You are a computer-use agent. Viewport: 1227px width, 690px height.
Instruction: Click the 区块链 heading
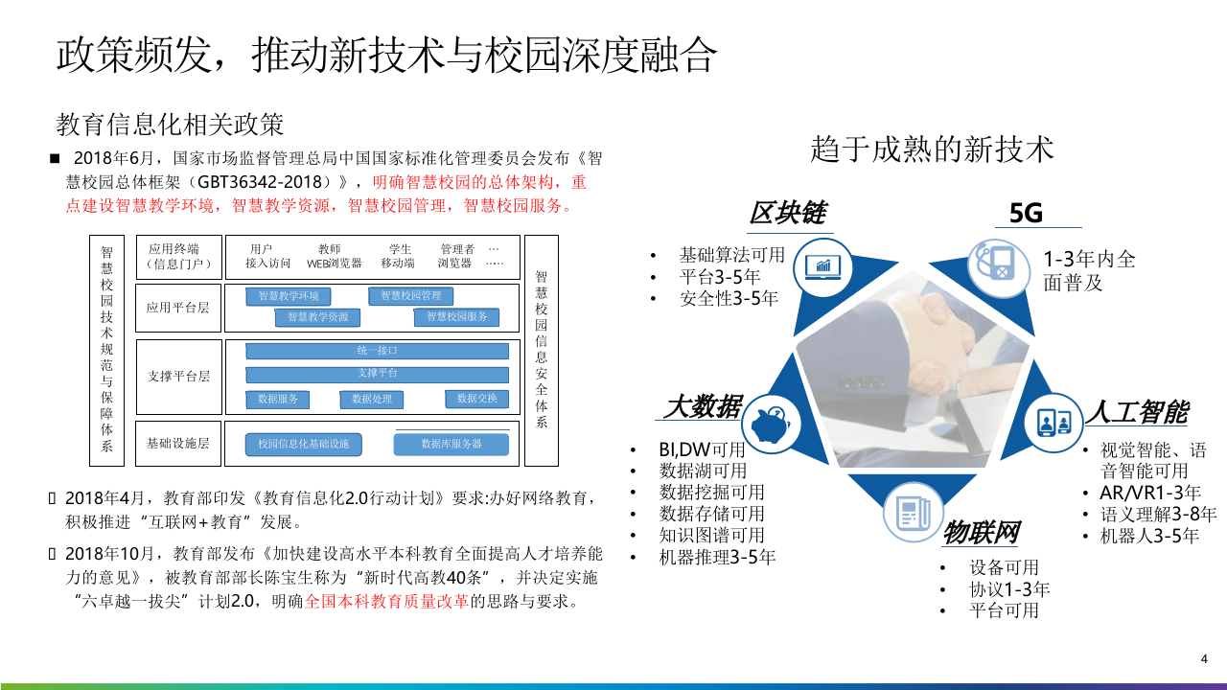pyautogui.click(x=788, y=213)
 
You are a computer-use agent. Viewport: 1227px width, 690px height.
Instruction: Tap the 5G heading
pyautogui.click(x=1026, y=213)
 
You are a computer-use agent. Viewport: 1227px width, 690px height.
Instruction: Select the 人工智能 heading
pyautogui.click(x=1137, y=412)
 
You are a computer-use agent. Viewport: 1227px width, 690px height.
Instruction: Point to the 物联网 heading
pyautogui.click(x=980, y=531)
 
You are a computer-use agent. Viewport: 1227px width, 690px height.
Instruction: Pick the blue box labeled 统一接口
pyautogui.click(x=377, y=351)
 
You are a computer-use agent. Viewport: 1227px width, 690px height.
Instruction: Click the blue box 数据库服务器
pyautogui.click(x=451, y=445)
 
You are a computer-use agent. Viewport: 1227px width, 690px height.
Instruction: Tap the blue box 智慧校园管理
pyautogui.click(x=411, y=296)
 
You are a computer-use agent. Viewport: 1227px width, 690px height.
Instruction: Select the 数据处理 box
pyautogui.click(x=372, y=399)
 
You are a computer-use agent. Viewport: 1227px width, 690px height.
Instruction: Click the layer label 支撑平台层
pyautogui.click(x=178, y=376)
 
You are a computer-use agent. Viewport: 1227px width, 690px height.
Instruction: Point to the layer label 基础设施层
pyautogui.click(x=178, y=444)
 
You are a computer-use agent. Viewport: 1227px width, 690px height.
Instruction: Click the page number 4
pyautogui.click(x=1204, y=658)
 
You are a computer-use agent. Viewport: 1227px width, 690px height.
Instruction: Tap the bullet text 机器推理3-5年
pyautogui.click(x=717, y=556)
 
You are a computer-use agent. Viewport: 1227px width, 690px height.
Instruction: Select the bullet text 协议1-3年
pyautogui.click(x=1009, y=588)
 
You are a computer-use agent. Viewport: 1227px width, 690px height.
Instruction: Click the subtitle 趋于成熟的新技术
pyautogui.click(x=932, y=149)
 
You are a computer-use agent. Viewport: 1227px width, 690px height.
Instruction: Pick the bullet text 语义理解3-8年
pyautogui.click(x=1159, y=514)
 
